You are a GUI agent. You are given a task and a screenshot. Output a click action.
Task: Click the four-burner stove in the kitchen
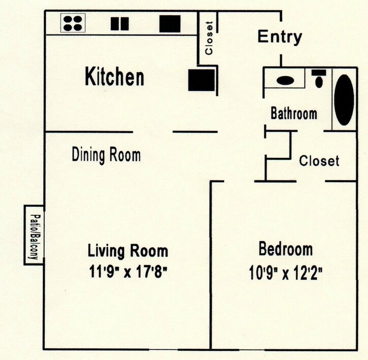pyautogui.click(x=73, y=23)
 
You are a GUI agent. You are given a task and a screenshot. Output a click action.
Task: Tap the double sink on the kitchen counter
pyautogui.click(x=120, y=23)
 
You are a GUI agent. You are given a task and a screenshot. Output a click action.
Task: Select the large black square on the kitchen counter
pyautogui.click(x=170, y=23)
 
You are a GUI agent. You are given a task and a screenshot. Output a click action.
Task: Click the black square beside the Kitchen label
pyautogui.click(x=201, y=80)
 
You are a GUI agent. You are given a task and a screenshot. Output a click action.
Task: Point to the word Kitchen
pyautogui.click(x=114, y=78)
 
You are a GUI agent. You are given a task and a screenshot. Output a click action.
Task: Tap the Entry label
pyautogui.click(x=280, y=37)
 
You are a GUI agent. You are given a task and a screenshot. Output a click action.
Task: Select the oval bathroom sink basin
pyautogui.click(x=286, y=80)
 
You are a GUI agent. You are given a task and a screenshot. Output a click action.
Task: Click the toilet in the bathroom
pyautogui.click(x=319, y=79)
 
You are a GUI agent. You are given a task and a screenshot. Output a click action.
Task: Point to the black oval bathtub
pyautogui.click(x=344, y=100)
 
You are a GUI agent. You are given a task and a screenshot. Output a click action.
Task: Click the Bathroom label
pyautogui.click(x=294, y=113)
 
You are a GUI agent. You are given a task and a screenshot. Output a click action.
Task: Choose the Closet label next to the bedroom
pyautogui.click(x=319, y=161)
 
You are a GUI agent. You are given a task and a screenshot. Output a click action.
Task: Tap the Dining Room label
pyautogui.click(x=106, y=154)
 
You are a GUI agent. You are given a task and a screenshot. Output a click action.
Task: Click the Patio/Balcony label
pyautogui.click(x=34, y=235)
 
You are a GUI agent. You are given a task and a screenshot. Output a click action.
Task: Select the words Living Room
pyautogui.click(x=128, y=251)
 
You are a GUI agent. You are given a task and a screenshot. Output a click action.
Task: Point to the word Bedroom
pyautogui.click(x=286, y=249)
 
